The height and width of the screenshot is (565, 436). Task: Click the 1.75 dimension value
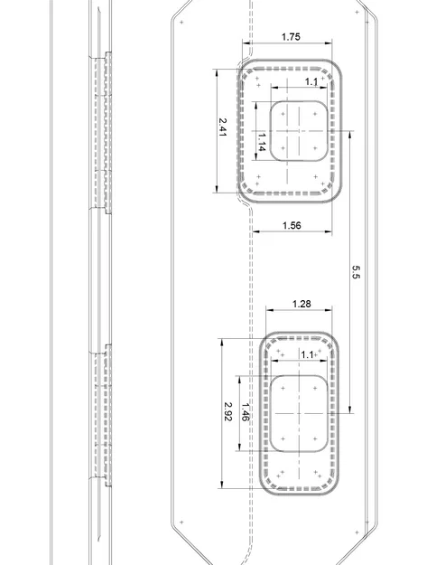(x=291, y=37)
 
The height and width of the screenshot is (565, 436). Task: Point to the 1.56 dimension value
(x=291, y=225)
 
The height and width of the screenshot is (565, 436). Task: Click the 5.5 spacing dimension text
(x=356, y=271)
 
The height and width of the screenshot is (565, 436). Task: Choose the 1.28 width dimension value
(x=301, y=304)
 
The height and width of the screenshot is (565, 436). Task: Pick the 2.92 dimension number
(x=228, y=412)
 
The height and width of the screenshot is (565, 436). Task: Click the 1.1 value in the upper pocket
(x=311, y=82)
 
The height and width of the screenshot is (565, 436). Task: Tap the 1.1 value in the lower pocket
(x=308, y=355)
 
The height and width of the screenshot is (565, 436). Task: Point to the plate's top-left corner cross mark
(x=181, y=20)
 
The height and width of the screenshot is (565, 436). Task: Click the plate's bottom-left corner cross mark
(x=181, y=523)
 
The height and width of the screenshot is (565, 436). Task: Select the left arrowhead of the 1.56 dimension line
(x=254, y=231)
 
